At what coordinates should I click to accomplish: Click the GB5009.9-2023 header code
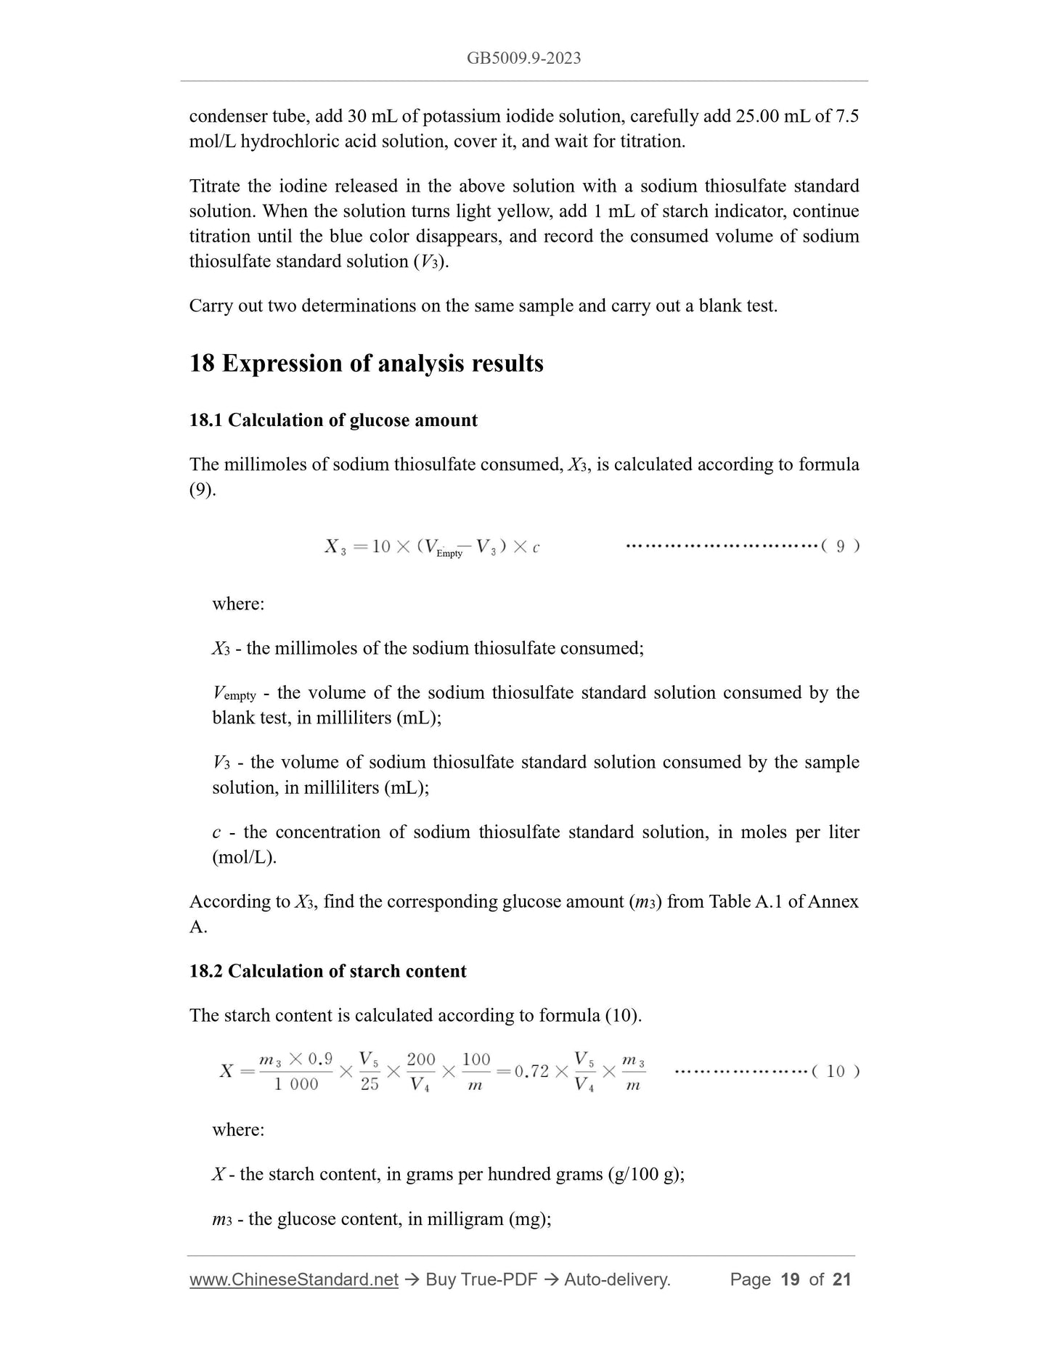523,58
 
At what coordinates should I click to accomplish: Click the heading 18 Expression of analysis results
366,363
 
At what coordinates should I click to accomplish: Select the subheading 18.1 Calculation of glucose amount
333,420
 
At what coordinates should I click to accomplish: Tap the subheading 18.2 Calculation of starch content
327,971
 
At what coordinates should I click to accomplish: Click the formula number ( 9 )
840,546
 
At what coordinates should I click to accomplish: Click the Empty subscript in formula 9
449,554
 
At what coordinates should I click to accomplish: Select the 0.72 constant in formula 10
531,1072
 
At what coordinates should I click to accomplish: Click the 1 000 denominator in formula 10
295,1084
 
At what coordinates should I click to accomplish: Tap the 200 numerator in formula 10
421,1059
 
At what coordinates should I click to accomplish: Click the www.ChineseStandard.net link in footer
294,1279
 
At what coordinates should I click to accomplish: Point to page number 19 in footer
790,1279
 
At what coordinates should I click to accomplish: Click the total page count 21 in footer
841,1279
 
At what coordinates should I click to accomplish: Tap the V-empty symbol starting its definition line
234,693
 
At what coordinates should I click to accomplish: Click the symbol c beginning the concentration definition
216,832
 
